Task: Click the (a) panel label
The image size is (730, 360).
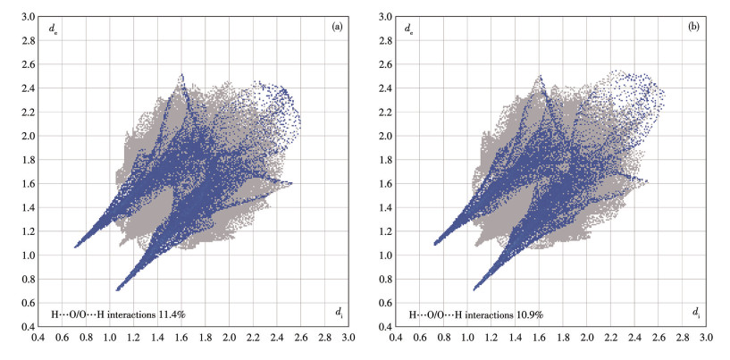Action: tap(337, 27)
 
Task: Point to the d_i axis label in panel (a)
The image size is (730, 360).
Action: tap(339, 313)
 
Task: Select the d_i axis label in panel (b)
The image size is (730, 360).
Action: tap(695, 313)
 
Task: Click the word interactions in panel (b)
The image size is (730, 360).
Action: tap(488, 315)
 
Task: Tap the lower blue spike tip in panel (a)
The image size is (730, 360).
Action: tap(117, 289)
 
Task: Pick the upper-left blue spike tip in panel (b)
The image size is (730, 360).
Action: tap(434, 244)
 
